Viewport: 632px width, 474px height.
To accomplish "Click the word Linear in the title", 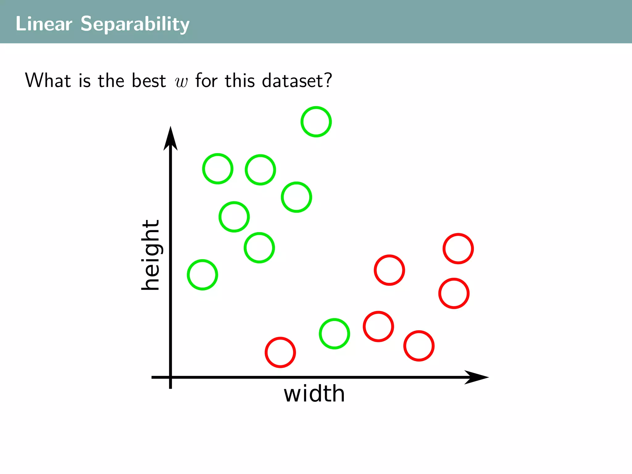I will tap(44, 24).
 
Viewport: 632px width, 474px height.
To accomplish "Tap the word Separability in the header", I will tap(135, 24).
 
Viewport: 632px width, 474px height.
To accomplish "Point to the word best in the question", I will tap(149, 81).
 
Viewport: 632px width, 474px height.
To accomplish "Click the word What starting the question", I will tap(48, 81).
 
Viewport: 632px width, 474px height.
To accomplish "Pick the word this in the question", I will tap(240, 81).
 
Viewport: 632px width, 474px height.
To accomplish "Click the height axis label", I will tap(151, 255).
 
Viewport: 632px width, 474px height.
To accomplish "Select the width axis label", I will tap(314, 394).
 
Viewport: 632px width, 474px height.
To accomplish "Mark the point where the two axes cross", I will tap(170, 377).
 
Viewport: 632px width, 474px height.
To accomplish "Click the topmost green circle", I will tap(316, 122).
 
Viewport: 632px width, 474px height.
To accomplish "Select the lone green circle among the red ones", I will tap(334, 334).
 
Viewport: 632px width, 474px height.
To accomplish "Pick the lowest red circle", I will tap(280, 352).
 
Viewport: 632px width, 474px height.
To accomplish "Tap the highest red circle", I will tap(458, 248).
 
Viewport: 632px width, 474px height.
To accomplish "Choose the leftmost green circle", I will tap(202, 275).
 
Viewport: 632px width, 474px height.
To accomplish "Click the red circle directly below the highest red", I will tap(454, 293).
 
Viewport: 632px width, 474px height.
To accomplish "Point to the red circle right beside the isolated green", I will tap(378, 326).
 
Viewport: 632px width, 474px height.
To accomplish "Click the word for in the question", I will tap(206, 81).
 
